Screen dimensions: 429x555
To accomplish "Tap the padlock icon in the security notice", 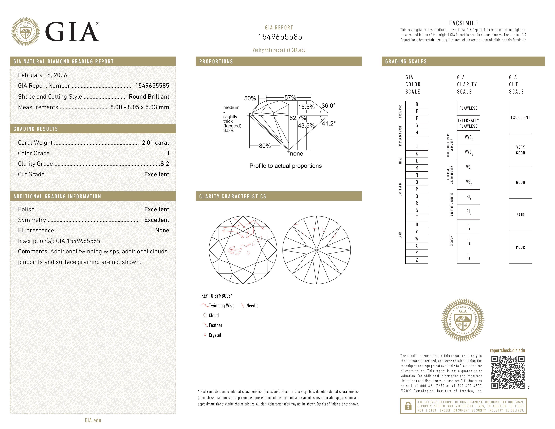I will (408, 406).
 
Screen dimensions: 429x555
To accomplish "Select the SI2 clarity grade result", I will (165, 164).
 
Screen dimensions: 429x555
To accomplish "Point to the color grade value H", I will (167, 153).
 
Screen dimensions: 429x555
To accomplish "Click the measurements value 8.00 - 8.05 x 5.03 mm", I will (140, 107).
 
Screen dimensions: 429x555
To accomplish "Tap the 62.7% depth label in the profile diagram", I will (297, 118).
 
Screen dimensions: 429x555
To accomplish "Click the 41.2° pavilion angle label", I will (329, 123).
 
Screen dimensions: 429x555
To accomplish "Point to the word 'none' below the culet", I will (296, 154).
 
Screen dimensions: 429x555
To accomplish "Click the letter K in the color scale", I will (417, 154).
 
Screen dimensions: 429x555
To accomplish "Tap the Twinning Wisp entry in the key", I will (221, 306).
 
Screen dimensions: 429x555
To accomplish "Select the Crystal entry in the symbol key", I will (215, 335).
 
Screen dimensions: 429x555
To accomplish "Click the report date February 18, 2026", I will (42, 75).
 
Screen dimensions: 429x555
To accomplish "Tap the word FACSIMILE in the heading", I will (464, 23).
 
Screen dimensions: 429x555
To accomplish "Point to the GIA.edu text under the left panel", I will (93, 420).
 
